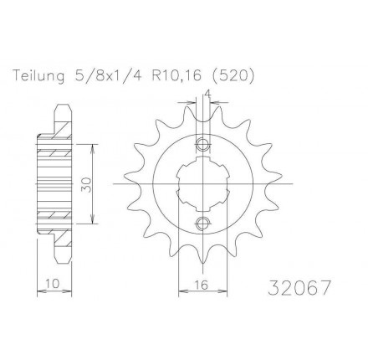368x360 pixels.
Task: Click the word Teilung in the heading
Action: pos(39,76)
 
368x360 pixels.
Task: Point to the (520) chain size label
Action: pos(232,76)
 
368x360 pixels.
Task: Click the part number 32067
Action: pos(299,287)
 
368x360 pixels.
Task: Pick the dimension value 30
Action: pos(87,184)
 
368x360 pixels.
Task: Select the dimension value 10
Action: pos(53,284)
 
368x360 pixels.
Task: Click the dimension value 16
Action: pos(202,285)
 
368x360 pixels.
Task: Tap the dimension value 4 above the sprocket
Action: pos(207,94)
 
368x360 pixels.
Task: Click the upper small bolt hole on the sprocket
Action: pos(202,145)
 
